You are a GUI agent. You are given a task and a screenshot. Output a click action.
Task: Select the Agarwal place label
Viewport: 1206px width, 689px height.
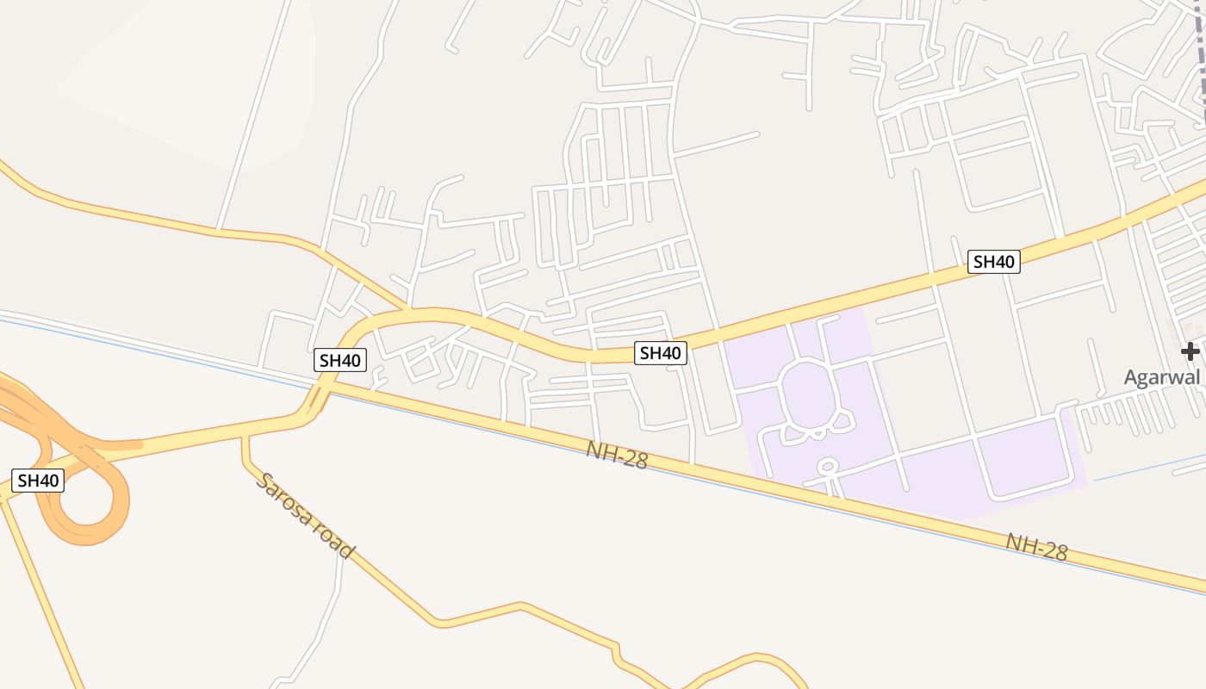1161,377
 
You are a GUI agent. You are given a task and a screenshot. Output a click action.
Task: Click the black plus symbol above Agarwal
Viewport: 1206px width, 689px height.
1190,351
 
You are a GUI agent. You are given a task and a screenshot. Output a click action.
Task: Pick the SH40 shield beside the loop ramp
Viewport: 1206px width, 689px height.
38,481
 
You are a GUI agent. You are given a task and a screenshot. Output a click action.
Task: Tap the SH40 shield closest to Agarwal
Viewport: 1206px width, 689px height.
994,262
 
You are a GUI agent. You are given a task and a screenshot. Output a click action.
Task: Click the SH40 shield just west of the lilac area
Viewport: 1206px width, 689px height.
661,352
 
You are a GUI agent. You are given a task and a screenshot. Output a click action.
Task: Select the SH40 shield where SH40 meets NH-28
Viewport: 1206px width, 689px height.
340,360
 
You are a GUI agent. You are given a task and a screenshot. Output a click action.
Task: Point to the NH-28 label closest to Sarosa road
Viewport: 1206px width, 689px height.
616,455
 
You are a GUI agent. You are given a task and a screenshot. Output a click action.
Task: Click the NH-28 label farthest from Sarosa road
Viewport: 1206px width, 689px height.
1037,547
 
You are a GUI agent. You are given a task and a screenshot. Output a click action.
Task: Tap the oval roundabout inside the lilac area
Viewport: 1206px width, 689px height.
808,394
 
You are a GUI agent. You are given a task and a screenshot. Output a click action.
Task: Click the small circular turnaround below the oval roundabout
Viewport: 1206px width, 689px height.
828,468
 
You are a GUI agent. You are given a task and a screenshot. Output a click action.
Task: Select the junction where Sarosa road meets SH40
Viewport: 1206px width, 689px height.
245,437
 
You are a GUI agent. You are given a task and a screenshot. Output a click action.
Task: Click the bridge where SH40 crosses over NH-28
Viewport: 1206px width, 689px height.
315,399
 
